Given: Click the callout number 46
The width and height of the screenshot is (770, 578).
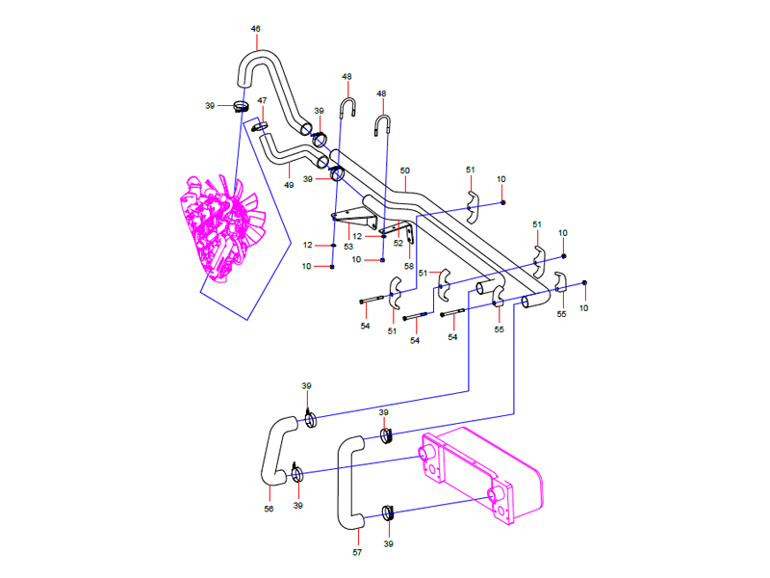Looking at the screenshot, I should (255, 29).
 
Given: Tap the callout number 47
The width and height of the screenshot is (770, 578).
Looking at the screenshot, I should (261, 100).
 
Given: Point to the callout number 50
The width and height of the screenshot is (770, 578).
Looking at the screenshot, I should (404, 171).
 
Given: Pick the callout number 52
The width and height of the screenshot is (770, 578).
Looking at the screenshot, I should (398, 243).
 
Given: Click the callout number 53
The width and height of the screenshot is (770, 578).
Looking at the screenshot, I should (348, 247).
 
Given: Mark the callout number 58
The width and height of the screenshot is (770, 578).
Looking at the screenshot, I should (409, 266).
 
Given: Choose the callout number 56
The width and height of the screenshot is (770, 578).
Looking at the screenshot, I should (269, 508).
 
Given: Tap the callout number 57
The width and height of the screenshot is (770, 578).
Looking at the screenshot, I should (356, 552).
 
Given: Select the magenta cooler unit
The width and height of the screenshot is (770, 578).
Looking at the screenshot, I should (481, 477).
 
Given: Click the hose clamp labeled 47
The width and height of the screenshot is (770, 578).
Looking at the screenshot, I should (260, 124).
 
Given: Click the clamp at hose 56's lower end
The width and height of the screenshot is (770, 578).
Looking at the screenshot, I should (298, 473).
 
